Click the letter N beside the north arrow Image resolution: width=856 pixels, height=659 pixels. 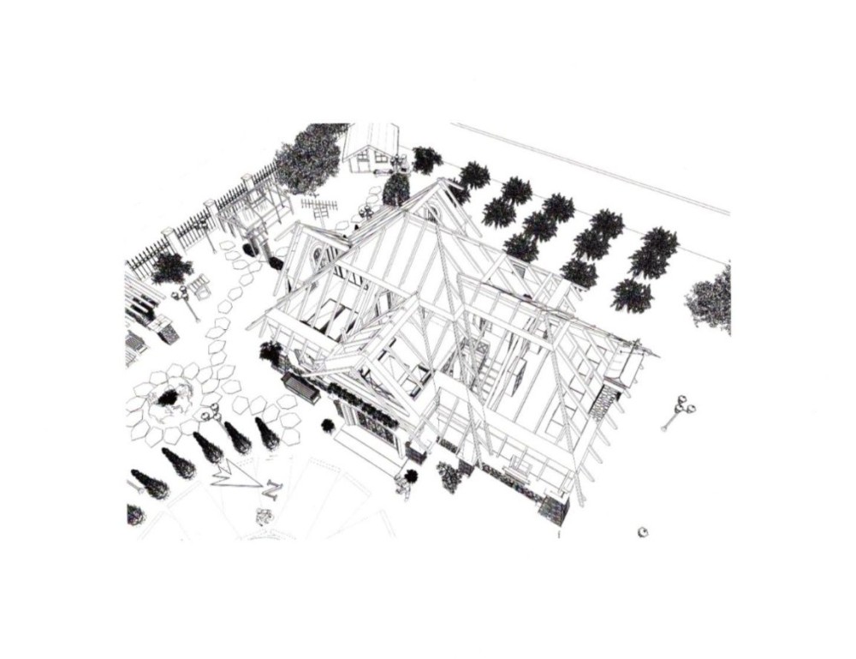click(x=271, y=488)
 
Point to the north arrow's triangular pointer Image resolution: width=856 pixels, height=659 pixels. click(x=234, y=476)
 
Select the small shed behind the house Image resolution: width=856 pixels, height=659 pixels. click(x=372, y=147)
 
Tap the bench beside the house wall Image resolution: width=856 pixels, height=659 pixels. click(x=300, y=387)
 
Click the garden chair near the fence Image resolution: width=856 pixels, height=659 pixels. click(x=199, y=286)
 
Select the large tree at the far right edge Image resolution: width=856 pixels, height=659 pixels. click(x=710, y=299)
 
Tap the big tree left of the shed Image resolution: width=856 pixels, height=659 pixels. click(x=308, y=158)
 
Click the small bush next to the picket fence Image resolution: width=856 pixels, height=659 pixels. click(x=171, y=268)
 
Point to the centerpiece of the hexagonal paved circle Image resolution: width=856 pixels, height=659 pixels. click(x=171, y=398)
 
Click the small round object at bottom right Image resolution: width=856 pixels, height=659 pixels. click(x=643, y=531)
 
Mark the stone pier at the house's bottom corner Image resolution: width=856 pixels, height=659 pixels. click(x=554, y=511)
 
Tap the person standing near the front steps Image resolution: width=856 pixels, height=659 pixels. click(x=406, y=483)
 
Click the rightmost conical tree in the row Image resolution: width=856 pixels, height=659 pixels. click(x=267, y=432)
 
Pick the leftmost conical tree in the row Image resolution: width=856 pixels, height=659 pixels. click(x=150, y=483)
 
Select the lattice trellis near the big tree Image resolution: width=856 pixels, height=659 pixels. click(x=320, y=207)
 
